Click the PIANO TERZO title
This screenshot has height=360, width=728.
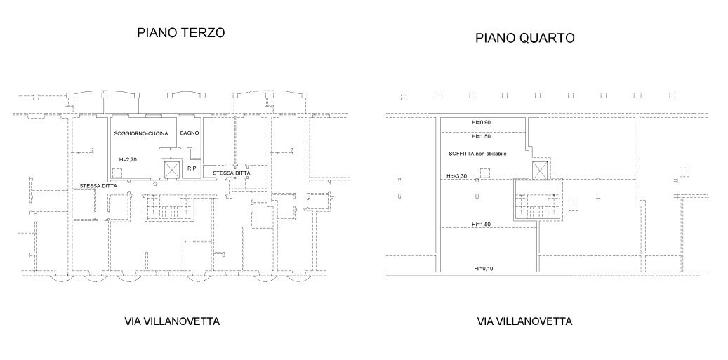tap(180, 33)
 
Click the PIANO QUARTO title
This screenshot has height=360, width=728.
tap(525, 39)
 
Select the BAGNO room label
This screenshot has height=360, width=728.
tap(190, 133)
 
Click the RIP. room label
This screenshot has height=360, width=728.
tap(192, 169)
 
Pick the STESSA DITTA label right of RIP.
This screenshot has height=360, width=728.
tap(232, 173)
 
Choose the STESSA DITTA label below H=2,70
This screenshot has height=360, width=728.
tap(98, 185)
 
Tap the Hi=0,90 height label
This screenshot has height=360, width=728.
tap(482, 123)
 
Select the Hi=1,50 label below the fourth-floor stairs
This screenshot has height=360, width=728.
tap(482, 224)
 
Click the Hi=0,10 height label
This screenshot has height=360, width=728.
tap(482, 269)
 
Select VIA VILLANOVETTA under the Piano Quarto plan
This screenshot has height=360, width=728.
tap(524, 322)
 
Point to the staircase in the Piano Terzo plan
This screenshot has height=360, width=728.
tap(166, 206)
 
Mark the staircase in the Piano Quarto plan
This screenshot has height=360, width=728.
tap(539, 201)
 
